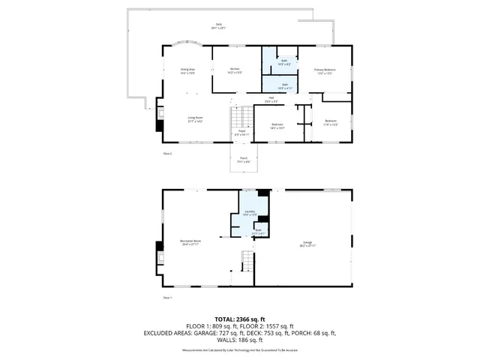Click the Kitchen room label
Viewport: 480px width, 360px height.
coord(235,70)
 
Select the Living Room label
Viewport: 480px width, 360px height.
coord(195,118)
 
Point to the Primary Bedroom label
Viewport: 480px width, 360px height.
coord(325,70)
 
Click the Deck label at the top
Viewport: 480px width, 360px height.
coord(219,26)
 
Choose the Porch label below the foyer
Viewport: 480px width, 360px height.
coord(244,159)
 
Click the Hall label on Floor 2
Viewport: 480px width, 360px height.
coord(271,100)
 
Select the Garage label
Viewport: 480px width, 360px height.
coord(307,244)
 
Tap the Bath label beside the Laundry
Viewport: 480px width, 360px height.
coord(258,232)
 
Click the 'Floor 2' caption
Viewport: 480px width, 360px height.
coord(168,153)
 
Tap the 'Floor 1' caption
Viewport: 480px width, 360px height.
coord(168,298)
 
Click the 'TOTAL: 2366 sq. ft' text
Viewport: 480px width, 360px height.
coord(240,318)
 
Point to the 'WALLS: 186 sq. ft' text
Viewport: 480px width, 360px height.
coord(240,339)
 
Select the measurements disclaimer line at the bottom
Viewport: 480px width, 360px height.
coord(240,349)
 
